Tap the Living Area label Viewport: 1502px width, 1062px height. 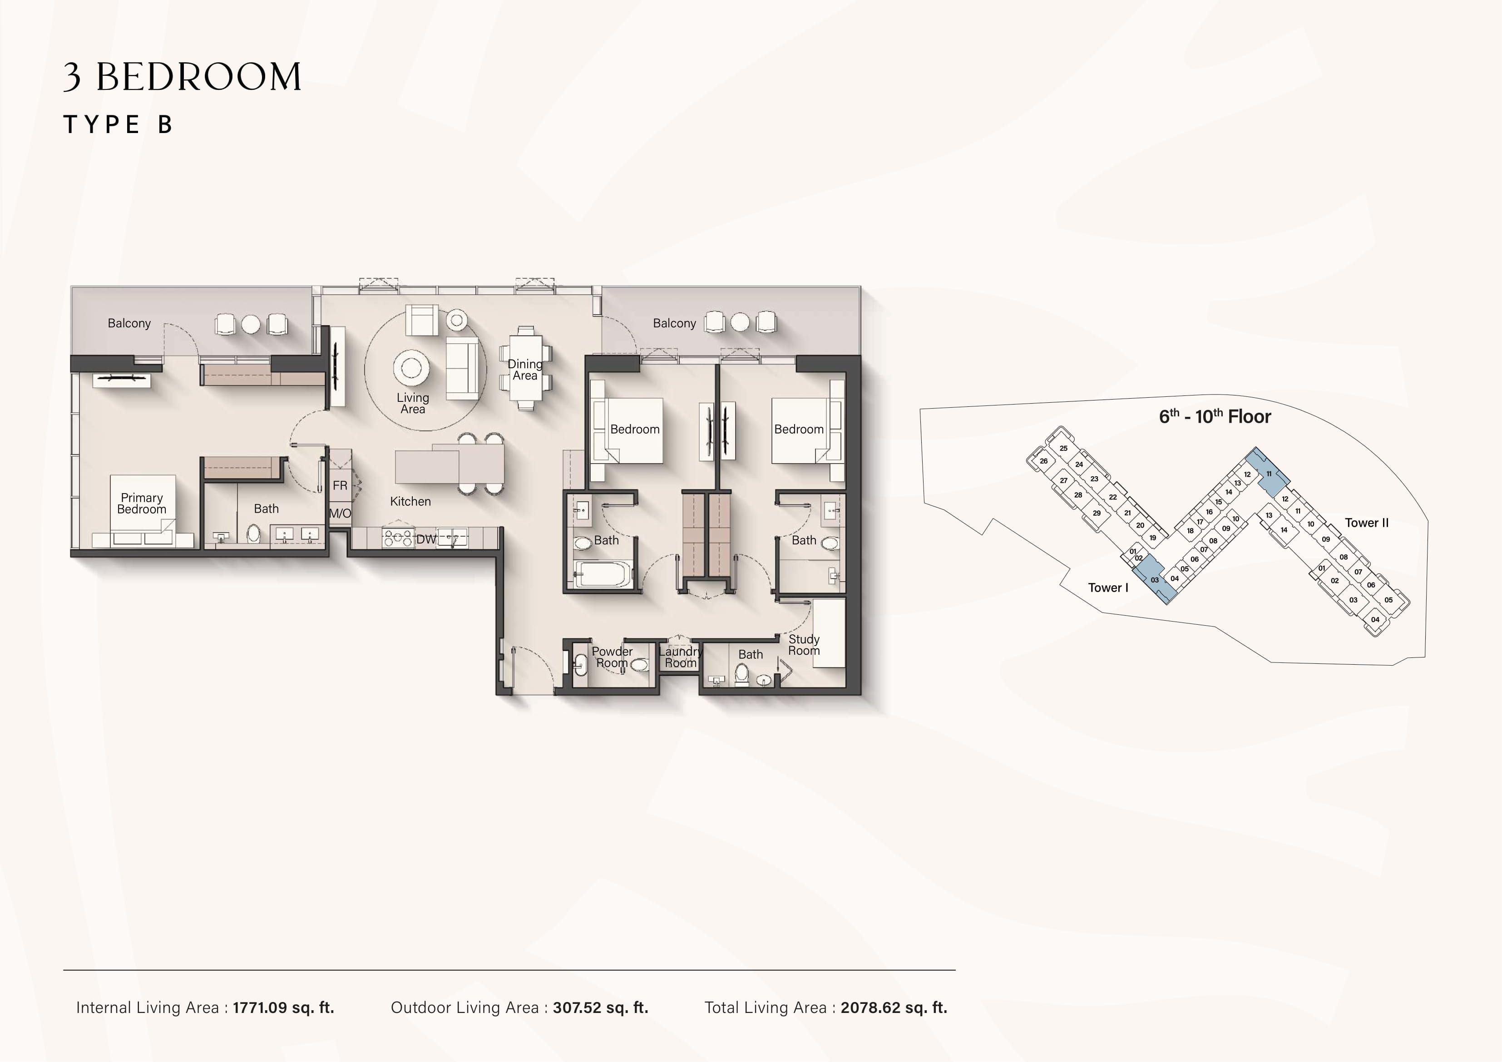click(x=413, y=403)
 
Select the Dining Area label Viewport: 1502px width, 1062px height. click(x=524, y=370)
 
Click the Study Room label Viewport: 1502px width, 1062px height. click(x=804, y=645)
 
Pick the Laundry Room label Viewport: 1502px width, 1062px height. click(x=680, y=657)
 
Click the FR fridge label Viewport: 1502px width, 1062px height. click(x=340, y=485)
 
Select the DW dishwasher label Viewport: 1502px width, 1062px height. click(x=426, y=539)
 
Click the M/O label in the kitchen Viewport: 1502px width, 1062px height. click(x=340, y=514)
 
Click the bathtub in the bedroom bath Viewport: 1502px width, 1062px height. click(x=603, y=574)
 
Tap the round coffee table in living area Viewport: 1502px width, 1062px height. click(x=411, y=368)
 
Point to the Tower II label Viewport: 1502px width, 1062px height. click(x=1367, y=523)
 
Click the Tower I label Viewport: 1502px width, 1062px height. click(x=1108, y=588)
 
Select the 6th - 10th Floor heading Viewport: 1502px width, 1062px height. click(x=1215, y=416)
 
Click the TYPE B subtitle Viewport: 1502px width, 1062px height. click(x=118, y=124)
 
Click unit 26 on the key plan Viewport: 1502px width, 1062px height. click(x=1043, y=461)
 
